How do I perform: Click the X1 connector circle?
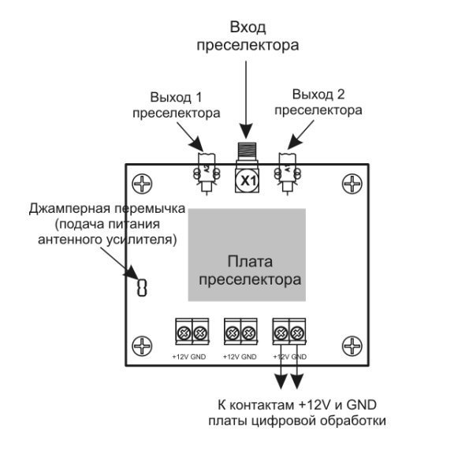(248, 181)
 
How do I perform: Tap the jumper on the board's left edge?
(142, 288)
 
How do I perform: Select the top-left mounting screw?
(142, 184)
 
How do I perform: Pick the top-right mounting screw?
(352, 184)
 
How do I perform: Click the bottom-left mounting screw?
(142, 346)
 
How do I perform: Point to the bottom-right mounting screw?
(352, 346)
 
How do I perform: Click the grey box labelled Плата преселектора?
(247, 255)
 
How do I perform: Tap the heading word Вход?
(248, 28)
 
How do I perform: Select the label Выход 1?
(176, 98)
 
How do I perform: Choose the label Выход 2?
(318, 95)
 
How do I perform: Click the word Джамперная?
(69, 209)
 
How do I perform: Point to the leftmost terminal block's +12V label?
(180, 357)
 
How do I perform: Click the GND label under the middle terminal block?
(249, 357)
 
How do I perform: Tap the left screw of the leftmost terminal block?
(184, 333)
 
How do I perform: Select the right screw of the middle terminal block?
(248, 333)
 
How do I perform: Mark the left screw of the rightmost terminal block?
(281, 333)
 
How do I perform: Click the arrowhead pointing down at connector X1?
(246, 131)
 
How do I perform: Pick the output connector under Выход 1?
(207, 173)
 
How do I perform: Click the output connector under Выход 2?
(287, 173)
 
